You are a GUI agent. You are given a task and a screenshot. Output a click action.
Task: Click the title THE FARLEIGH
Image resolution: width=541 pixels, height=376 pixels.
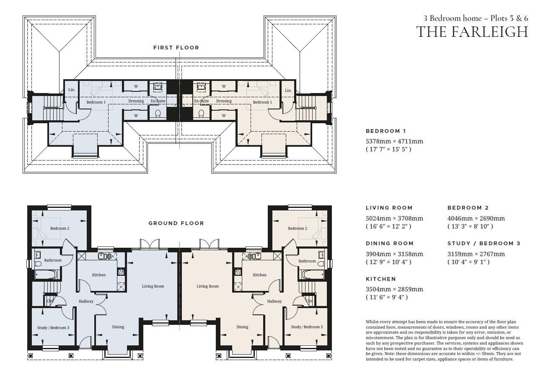[472, 32]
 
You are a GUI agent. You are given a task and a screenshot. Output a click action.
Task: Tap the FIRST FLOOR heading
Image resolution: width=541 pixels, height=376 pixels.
[176, 48]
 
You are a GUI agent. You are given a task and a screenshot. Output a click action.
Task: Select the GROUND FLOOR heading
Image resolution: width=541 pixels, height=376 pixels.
[176, 223]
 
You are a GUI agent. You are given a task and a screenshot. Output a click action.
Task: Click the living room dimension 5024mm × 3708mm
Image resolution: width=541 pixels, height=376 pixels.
[394, 218]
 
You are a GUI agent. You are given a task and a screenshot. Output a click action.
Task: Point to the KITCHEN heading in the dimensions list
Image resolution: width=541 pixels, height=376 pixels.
[381, 279]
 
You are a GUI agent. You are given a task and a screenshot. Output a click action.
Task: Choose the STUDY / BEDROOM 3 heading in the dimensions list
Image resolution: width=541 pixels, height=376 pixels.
[484, 244]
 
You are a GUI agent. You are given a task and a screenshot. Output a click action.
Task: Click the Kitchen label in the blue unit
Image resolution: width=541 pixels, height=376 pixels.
[99, 275]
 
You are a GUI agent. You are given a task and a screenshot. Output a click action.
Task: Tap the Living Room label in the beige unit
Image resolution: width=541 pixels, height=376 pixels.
[208, 286]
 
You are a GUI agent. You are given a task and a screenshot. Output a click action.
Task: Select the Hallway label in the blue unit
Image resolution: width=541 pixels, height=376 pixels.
[86, 301]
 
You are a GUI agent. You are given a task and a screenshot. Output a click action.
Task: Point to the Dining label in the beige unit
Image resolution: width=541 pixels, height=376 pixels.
[242, 327]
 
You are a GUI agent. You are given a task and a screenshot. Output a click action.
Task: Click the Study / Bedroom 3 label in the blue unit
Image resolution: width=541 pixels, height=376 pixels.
[53, 328]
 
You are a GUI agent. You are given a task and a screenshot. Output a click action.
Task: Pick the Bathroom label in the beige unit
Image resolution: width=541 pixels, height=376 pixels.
[307, 261]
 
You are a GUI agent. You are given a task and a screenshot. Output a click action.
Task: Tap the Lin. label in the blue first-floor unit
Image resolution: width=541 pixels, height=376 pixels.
[72, 90]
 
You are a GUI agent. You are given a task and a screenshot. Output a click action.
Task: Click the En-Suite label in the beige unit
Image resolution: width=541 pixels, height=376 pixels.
[202, 101]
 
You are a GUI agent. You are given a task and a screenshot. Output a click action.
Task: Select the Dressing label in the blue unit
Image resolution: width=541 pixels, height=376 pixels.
[136, 101]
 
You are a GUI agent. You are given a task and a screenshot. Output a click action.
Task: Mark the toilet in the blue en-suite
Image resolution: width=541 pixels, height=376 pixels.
[158, 113]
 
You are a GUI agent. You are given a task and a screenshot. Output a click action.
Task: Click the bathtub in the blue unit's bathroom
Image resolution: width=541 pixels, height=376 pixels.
[46, 275]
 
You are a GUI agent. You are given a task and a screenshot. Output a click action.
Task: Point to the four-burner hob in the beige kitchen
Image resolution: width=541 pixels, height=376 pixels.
[238, 272]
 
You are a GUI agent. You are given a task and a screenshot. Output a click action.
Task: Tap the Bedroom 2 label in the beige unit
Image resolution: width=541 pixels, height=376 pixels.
[298, 228]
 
